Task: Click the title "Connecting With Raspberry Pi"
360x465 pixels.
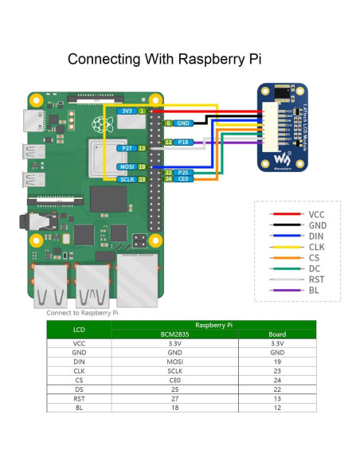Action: pyautogui.click(x=164, y=59)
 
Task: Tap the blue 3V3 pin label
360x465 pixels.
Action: pyautogui.click(x=126, y=111)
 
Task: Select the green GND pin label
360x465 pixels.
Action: pyautogui.click(x=182, y=123)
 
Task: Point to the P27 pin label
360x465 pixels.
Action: pyautogui.click(x=125, y=148)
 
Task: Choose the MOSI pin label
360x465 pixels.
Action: pyautogui.click(x=125, y=166)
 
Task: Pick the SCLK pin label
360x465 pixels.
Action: pyautogui.click(x=125, y=179)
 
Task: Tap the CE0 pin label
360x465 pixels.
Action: pyautogui.click(x=183, y=179)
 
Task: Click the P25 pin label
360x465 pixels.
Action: pyautogui.click(x=183, y=172)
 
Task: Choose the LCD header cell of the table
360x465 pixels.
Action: pyautogui.click(x=79, y=330)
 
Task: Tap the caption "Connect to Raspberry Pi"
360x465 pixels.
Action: pyautogui.click(x=82, y=313)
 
